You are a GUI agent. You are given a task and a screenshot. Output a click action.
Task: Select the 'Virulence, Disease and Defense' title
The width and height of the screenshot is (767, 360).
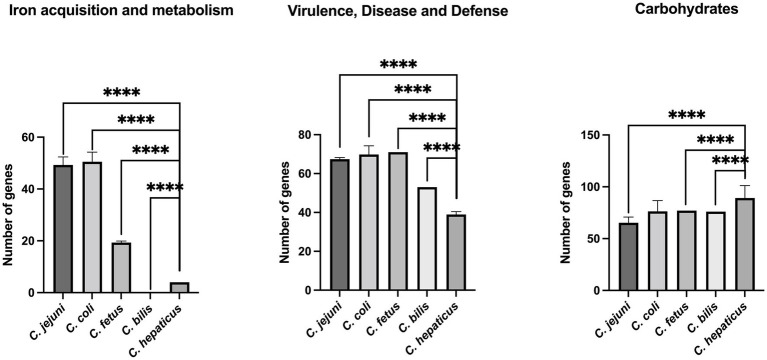point(396,12)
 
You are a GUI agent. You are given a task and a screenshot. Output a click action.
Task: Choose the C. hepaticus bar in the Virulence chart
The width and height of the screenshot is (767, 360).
point(456,252)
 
